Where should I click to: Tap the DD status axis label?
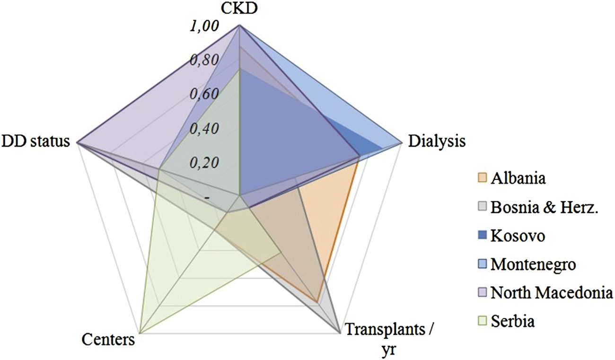click(x=37, y=141)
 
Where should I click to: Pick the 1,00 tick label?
click(x=204, y=26)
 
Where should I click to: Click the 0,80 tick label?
click(x=204, y=60)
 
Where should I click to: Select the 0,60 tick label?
click(x=204, y=94)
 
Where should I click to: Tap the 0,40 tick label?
click(x=204, y=128)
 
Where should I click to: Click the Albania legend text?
click(x=518, y=178)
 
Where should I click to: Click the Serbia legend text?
click(x=513, y=321)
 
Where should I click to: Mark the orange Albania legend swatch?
click(x=482, y=178)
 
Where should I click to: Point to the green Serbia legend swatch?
click(x=482, y=321)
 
